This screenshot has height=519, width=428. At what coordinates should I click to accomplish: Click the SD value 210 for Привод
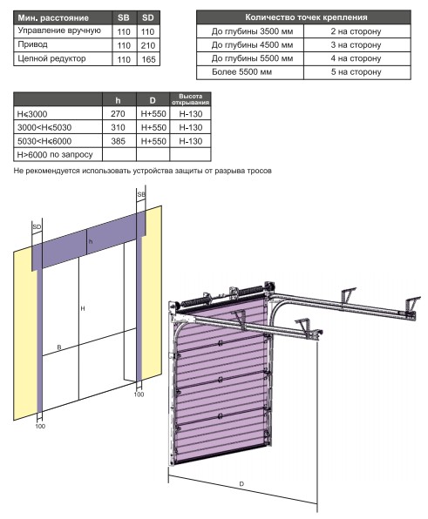click(x=148, y=45)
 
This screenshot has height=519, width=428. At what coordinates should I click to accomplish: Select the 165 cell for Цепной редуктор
click(x=148, y=59)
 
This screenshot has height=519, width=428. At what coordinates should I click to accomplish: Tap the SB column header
click(x=124, y=17)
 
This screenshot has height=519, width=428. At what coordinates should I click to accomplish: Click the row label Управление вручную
click(x=59, y=30)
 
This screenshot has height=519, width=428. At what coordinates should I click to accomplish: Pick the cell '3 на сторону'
click(x=356, y=44)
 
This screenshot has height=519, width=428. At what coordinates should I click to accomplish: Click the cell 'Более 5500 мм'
click(x=241, y=71)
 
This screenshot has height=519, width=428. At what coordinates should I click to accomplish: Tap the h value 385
click(x=119, y=141)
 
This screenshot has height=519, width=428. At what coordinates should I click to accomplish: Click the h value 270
click(x=118, y=113)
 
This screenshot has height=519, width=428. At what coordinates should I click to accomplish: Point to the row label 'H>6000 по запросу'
click(x=55, y=155)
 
